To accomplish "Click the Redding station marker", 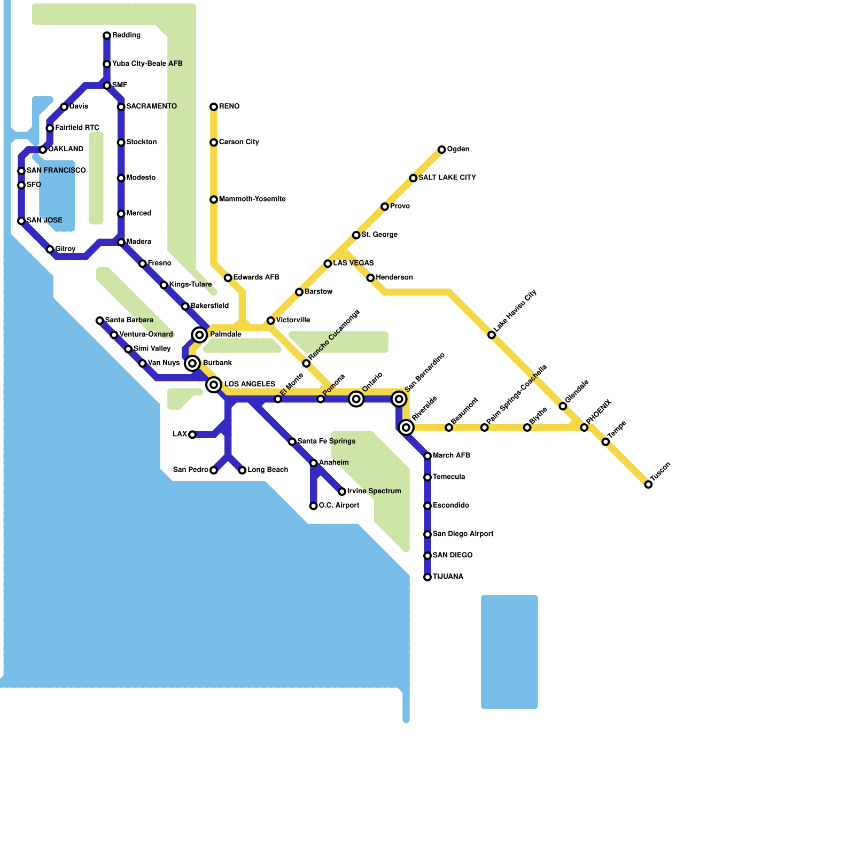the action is [107, 36].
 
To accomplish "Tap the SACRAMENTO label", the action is [151, 107].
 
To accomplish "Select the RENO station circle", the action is [214, 107].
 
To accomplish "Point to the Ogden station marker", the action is [441, 150].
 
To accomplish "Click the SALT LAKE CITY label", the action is [447, 178].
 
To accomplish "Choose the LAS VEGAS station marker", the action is [328, 263].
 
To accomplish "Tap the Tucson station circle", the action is [648, 485].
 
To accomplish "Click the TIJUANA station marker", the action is [428, 577].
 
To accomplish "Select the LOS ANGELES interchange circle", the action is [214, 385].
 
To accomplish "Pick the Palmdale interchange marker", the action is [199, 335].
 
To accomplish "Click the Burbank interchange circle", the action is [192, 363].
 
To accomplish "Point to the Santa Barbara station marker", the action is [99, 321].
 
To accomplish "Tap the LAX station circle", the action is [192, 434].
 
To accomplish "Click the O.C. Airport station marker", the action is [314, 506].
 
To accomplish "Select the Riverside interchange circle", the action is [406, 428].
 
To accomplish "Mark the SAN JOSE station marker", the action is [21, 221].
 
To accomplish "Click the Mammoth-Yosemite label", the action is [252, 199].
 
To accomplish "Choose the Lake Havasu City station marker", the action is [492, 335].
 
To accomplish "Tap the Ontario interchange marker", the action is [356, 399].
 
